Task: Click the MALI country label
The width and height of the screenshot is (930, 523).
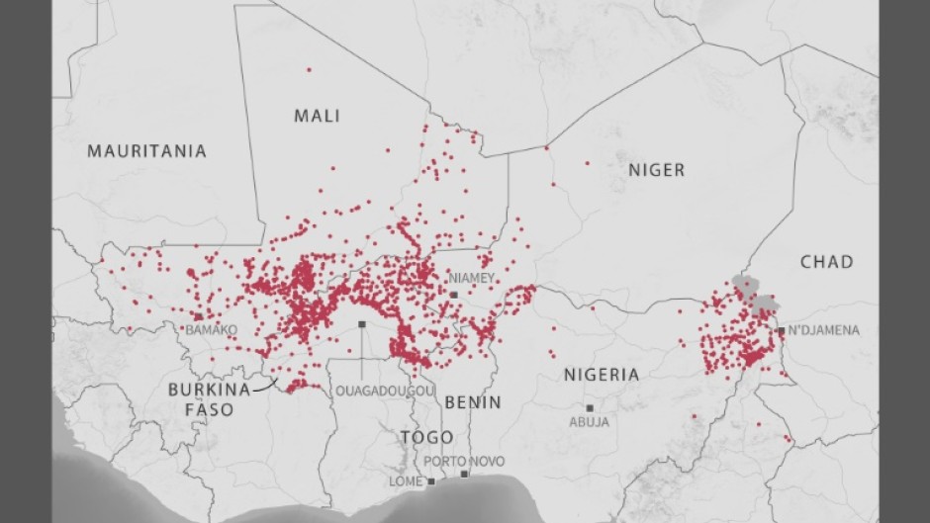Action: pos(317,116)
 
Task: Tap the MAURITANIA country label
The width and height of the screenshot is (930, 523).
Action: pos(146,151)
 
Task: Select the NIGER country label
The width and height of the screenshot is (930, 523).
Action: pos(656,170)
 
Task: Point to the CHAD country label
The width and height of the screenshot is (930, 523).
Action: pos(826,262)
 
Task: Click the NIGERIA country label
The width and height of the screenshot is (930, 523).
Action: pos(602,375)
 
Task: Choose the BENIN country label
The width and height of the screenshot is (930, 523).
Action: pos(473,402)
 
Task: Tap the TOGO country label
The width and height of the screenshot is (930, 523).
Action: pos(426,437)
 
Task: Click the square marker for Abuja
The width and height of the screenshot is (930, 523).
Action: pos(590,407)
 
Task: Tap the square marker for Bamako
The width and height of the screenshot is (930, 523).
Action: pos(198,316)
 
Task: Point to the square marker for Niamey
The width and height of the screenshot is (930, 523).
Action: pos(454,294)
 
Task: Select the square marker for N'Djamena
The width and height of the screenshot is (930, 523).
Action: pos(781,331)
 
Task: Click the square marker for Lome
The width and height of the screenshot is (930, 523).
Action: pos(431,481)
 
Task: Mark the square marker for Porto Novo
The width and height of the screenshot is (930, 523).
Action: pos(464,475)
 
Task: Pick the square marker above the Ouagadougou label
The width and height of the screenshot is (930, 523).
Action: pos(362,324)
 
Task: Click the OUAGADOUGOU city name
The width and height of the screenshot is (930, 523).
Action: pos(384,392)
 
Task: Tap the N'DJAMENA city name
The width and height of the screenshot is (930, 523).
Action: pos(824,330)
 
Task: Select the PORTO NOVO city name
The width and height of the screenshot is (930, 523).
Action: pos(464,462)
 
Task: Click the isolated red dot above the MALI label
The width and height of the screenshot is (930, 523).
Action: pos(309,69)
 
